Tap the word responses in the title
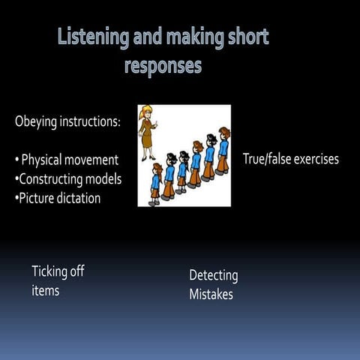[163, 65]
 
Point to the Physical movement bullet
[67, 160]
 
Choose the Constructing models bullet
[68, 179]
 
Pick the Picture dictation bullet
[59, 199]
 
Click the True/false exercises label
[291, 159]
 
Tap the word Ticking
[51, 271]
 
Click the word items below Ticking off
[45, 290]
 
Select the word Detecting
[213, 275]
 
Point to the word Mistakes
[211, 295]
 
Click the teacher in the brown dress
[148, 135]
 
